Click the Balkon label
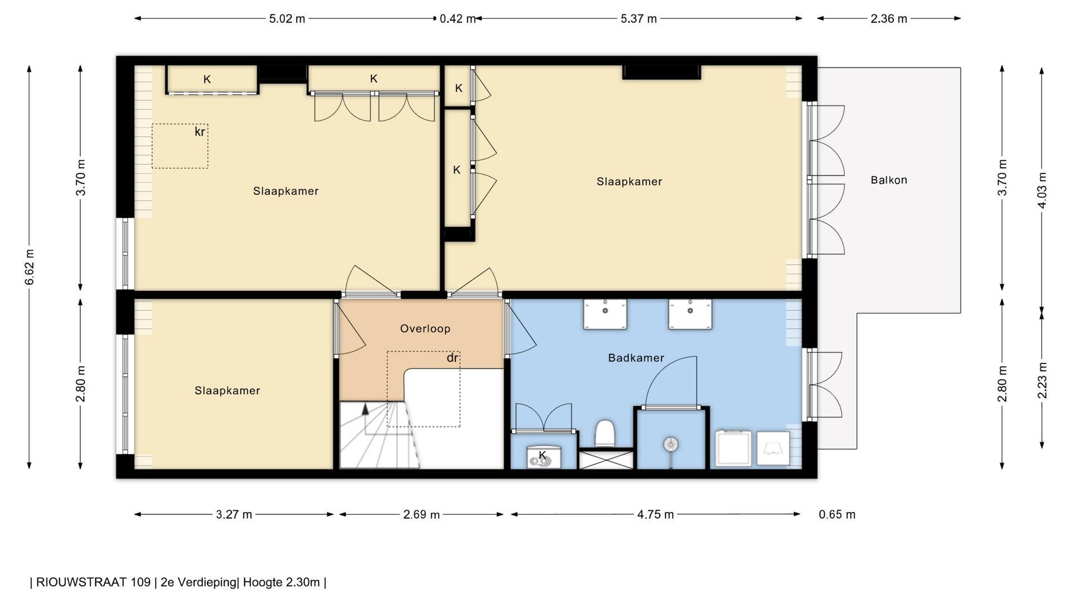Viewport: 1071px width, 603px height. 889,180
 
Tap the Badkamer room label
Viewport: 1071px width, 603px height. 636,358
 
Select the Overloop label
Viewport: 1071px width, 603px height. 425,329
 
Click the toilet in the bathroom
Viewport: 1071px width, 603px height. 605,434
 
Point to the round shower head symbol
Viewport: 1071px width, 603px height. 670,445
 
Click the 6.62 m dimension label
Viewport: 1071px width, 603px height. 30,267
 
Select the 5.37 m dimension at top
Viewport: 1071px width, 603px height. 639,19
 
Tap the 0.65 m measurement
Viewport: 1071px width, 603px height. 837,515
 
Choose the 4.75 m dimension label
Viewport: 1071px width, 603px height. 655,515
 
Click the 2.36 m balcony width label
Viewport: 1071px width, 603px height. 889,19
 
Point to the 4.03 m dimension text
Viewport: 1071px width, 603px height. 1042,190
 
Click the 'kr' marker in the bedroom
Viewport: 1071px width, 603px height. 200,132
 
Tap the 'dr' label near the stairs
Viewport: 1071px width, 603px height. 452,358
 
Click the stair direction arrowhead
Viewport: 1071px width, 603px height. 365,408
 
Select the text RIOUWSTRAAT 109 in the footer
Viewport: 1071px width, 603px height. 93,582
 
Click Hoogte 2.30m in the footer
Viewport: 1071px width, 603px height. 281,582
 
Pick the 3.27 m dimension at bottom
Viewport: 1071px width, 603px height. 234,515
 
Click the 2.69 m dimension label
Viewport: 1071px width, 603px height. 421,515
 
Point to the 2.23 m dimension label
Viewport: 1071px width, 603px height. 1042,381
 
